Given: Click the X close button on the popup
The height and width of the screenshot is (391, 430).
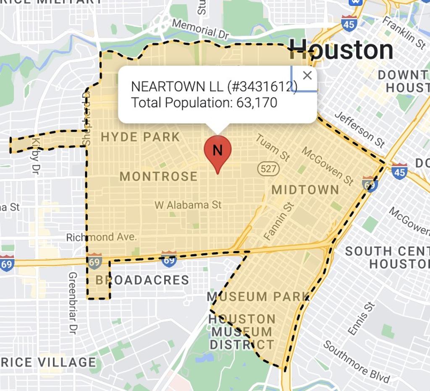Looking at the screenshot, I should click(307, 76).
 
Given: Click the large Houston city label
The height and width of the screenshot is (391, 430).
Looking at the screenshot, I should click(341, 50).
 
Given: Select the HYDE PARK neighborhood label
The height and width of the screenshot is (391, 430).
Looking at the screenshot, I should click(140, 137).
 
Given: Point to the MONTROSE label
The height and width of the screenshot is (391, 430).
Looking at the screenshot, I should click(158, 176).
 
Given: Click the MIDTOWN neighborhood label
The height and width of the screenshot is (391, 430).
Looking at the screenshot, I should click(305, 190).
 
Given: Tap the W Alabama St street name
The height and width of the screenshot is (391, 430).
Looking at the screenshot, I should click(188, 205).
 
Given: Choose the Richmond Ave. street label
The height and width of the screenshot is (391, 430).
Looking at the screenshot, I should click(102, 237).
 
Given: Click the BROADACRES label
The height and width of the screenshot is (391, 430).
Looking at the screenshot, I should click(142, 280).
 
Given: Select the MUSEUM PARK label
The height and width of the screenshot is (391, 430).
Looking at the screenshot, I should click(258, 297).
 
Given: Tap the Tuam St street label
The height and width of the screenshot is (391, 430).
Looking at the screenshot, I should click(273, 147).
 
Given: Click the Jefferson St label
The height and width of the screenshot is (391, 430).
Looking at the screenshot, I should click(360, 129).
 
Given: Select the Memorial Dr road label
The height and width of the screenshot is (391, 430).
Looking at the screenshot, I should click(200, 29).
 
